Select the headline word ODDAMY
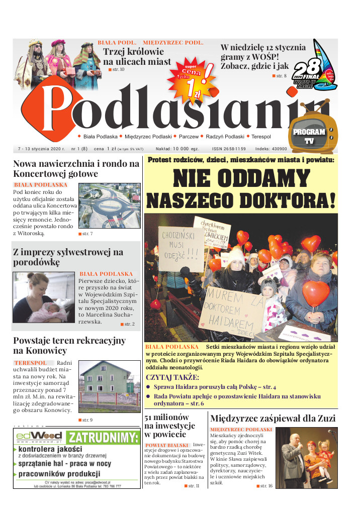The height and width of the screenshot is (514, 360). pos(241,180)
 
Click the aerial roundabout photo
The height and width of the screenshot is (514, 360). pos(110,205)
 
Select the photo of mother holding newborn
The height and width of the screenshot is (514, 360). pos(45,298)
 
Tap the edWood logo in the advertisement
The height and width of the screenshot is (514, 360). pos(39,437)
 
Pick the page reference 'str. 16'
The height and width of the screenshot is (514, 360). pos(266,486)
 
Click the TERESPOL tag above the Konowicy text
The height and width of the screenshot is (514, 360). pos(30,363)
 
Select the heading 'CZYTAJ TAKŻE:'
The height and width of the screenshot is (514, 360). pos(172,377)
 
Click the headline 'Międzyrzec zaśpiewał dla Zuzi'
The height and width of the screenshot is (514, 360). pos(273,418)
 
